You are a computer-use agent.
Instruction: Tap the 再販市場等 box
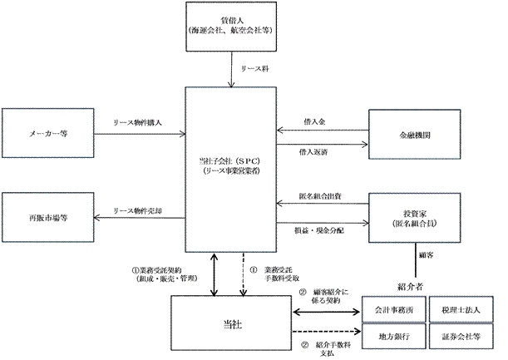[x=48, y=218]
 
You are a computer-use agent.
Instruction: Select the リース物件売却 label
[x=137, y=210]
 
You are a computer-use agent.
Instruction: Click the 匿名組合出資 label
[x=320, y=196]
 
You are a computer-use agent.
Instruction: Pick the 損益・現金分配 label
[x=318, y=228]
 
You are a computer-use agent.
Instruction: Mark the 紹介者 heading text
[x=411, y=287]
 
